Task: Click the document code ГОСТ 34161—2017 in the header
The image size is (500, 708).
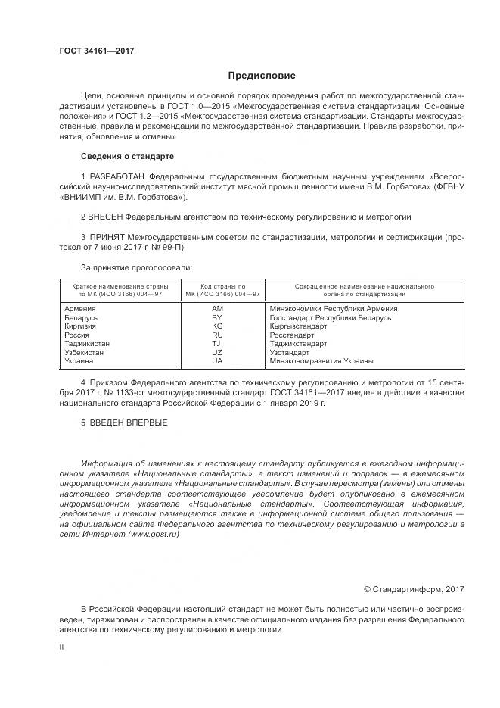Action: pyautogui.click(x=96, y=51)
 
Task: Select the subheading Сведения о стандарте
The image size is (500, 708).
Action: pyautogui.click(x=127, y=156)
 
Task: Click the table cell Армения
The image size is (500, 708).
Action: pyautogui.click(x=80, y=309)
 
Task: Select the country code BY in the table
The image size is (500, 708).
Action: pyautogui.click(x=218, y=318)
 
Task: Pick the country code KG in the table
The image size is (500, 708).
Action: pyautogui.click(x=218, y=326)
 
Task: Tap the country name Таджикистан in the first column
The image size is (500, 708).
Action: pyautogui.click(x=87, y=344)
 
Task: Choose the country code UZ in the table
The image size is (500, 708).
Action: pyautogui.click(x=218, y=353)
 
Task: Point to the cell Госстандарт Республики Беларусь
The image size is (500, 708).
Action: pyautogui.click(x=330, y=318)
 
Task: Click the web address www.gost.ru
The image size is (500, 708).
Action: pyautogui.click(x=154, y=534)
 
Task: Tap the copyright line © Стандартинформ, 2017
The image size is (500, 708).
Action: pyautogui.click(x=414, y=589)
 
